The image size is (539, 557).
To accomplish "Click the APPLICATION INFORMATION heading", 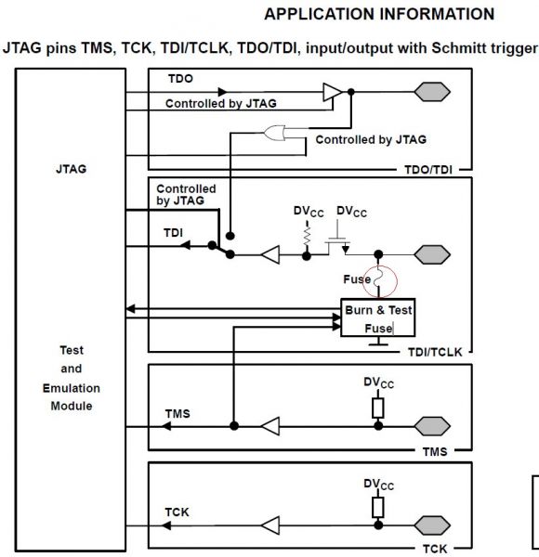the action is pyautogui.click(x=379, y=14).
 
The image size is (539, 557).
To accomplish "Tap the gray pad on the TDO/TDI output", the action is pyautogui.click(x=432, y=92).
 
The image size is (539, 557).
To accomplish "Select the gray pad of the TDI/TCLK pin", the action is pyautogui.click(x=432, y=254).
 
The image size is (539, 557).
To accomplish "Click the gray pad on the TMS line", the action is pyautogui.click(x=432, y=426).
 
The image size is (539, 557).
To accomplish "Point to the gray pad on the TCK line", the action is pyautogui.click(x=432, y=525).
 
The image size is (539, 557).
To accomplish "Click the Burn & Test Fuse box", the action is pyautogui.click(x=378, y=317).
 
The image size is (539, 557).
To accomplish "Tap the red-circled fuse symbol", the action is pyautogui.click(x=378, y=280).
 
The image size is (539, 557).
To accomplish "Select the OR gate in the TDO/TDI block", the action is pyautogui.click(x=274, y=133).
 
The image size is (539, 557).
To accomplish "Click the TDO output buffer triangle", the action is pyautogui.click(x=332, y=92).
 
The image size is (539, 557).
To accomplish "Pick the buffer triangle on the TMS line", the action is pyautogui.click(x=271, y=426).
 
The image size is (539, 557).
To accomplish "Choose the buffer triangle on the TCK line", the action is pyautogui.click(x=271, y=525).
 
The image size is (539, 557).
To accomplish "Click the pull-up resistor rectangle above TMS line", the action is pyautogui.click(x=378, y=408).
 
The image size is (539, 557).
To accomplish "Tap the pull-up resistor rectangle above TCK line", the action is pyautogui.click(x=378, y=507).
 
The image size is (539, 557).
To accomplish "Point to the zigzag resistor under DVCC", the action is pyautogui.click(x=307, y=235).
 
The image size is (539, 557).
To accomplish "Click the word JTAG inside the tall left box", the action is pyautogui.click(x=72, y=169).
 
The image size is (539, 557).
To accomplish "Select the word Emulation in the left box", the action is pyautogui.click(x=72, y=388).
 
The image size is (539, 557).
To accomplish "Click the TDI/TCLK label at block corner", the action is pyautogui.click(x=435, y=352).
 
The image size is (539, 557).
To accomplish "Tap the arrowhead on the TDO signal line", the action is pyautogui.click(x=222, y=92).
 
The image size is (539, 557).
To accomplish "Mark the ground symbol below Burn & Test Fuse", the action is pyautogui.click(x=378, y=341).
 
